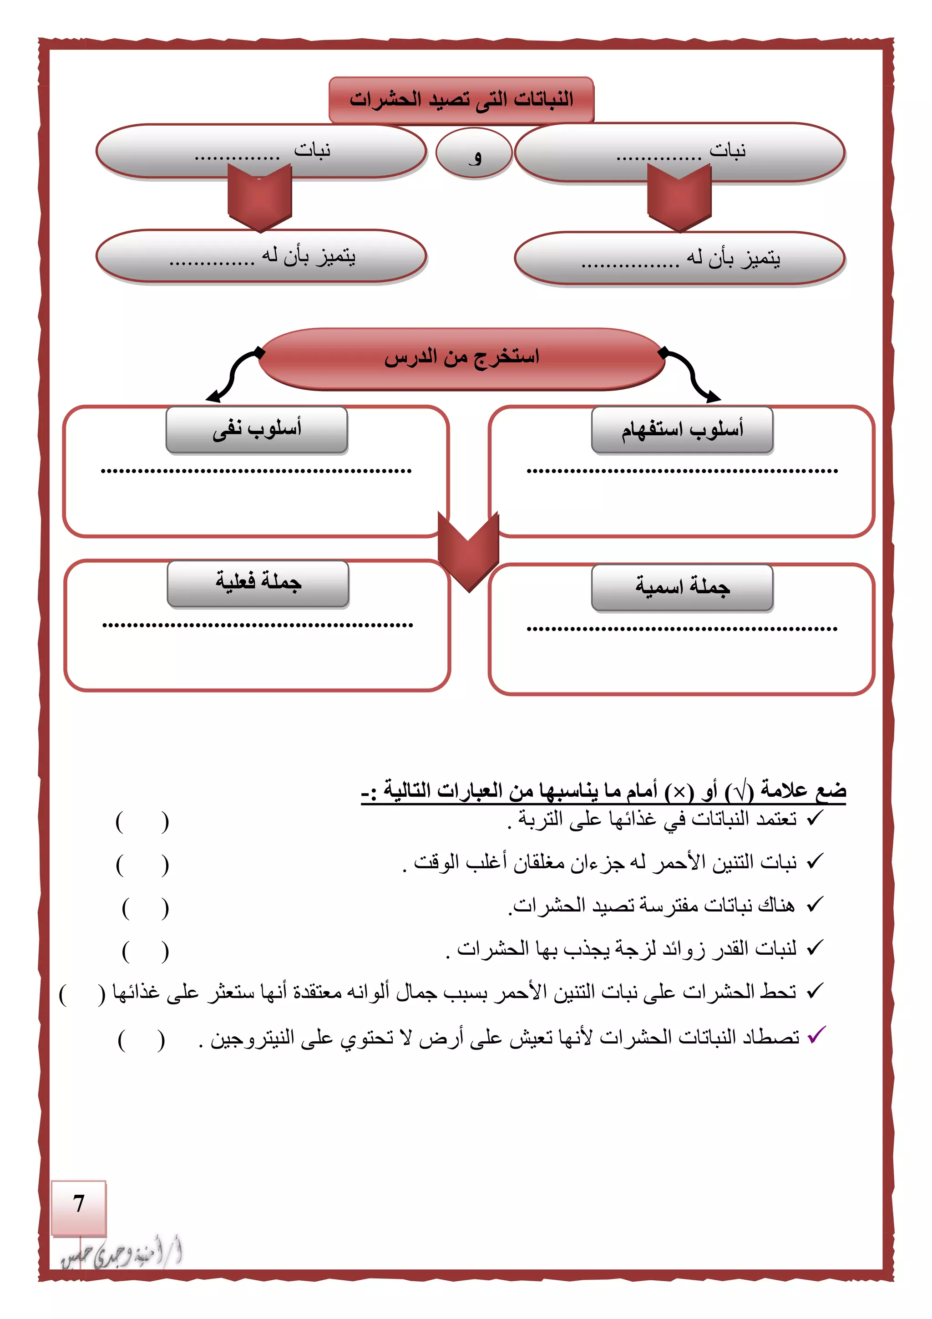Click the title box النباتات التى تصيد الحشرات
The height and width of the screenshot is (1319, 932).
461,99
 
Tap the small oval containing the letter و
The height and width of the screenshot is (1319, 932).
474,154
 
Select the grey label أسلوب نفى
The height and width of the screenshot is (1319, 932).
257,430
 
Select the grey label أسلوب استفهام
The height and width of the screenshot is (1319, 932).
682,430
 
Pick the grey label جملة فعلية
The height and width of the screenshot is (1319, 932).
258,583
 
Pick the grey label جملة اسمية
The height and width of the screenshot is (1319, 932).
682,587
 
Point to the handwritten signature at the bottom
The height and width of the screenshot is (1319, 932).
122,1252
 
